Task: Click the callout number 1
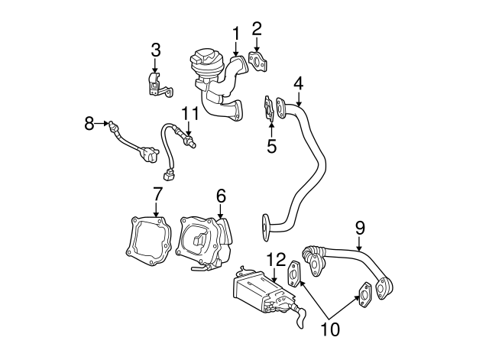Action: tap(236, 33)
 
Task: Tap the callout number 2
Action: tap(257, 29)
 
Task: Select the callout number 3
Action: tap(155, 50)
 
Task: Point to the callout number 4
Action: tap(298, 83)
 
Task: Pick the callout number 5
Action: tap(271, 145)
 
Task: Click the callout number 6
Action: tap(221, 196)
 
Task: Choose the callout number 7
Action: tap(157, 193)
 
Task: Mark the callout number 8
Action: tap(89, 122)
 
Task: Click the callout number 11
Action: tap(190, 113)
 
